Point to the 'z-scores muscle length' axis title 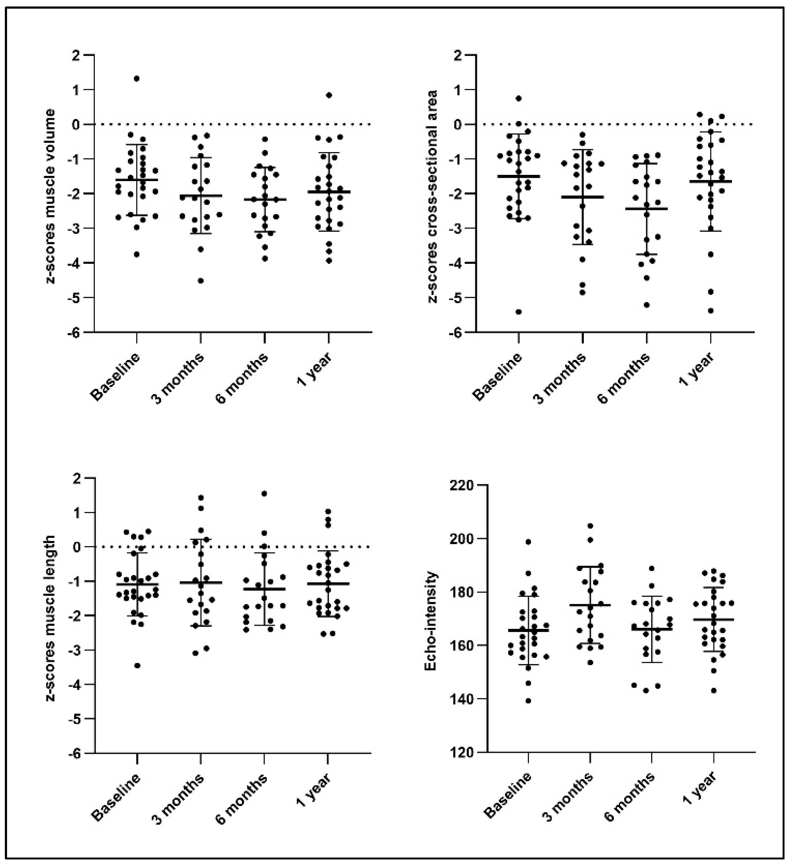[51, 618]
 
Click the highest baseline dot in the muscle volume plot [136, 79]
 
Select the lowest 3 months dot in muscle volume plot [200, 281]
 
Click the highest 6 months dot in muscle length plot [264, 493]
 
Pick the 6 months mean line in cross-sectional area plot [646, 209]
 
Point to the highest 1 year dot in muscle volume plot [329, 95]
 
